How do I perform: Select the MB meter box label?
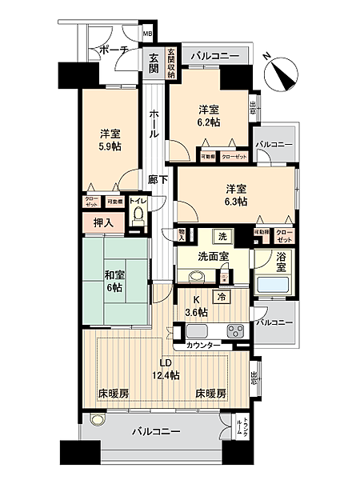(x=147, y=34)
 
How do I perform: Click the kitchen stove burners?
(x=236, y=330)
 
